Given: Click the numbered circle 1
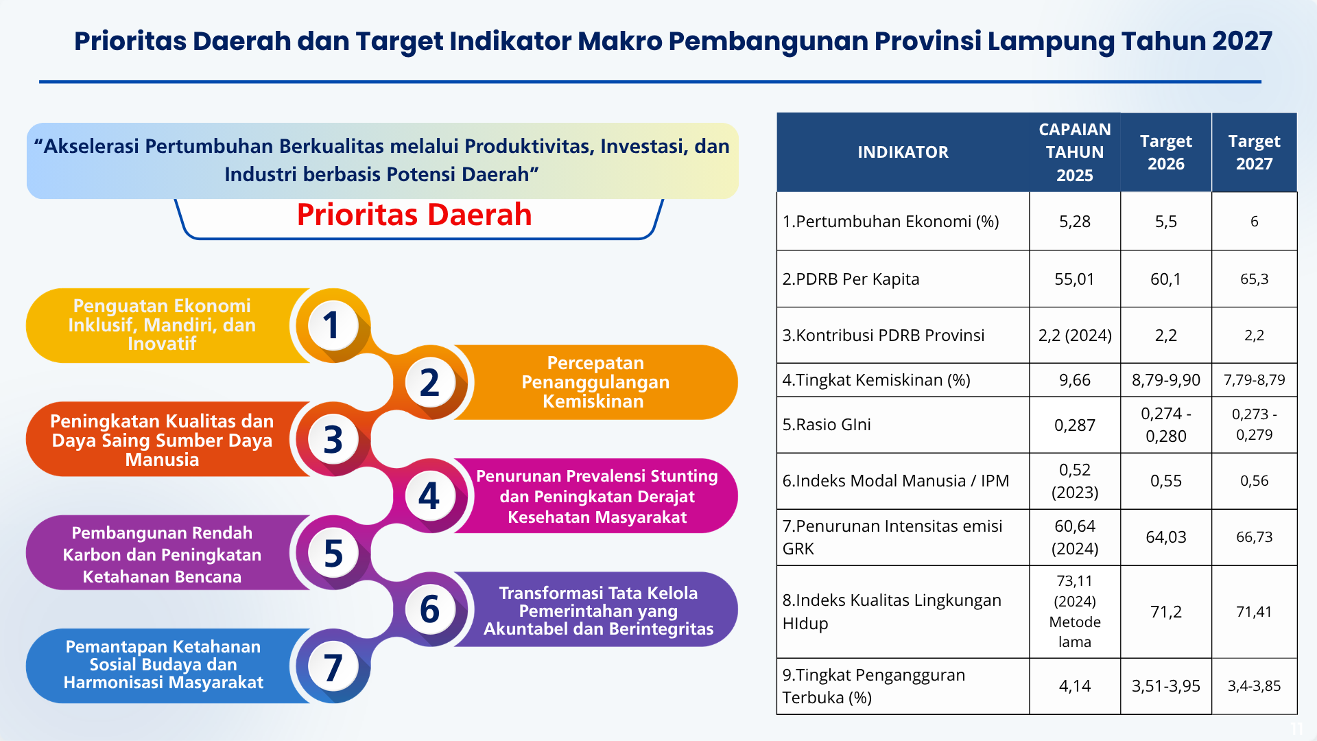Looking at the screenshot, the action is tap(333, 325).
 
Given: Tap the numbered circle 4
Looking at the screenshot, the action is tap(429, 495).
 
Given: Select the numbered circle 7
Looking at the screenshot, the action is tap(333, 666).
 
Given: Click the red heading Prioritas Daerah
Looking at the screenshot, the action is tap(414, 215).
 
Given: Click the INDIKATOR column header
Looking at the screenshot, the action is tap(903, 152).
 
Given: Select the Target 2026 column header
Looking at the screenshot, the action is tap(1166, 152).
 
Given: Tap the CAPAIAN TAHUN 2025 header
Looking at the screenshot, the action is tap(1075, 152).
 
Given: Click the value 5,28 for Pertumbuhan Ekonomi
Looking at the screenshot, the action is tap(1075, 222).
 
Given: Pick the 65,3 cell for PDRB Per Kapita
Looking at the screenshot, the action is tap(1254, 279).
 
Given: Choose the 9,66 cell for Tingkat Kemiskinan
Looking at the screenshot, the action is tap(1075, 380).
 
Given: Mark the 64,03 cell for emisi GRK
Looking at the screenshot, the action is tap(1166, 537).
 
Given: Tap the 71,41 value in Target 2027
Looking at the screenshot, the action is tap(1254, 612).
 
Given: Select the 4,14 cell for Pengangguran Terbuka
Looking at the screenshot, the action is tap(1075, 686).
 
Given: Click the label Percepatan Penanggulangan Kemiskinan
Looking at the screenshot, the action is tap(595, 382).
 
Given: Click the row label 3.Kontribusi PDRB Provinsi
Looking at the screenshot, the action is tap(883, 336).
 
